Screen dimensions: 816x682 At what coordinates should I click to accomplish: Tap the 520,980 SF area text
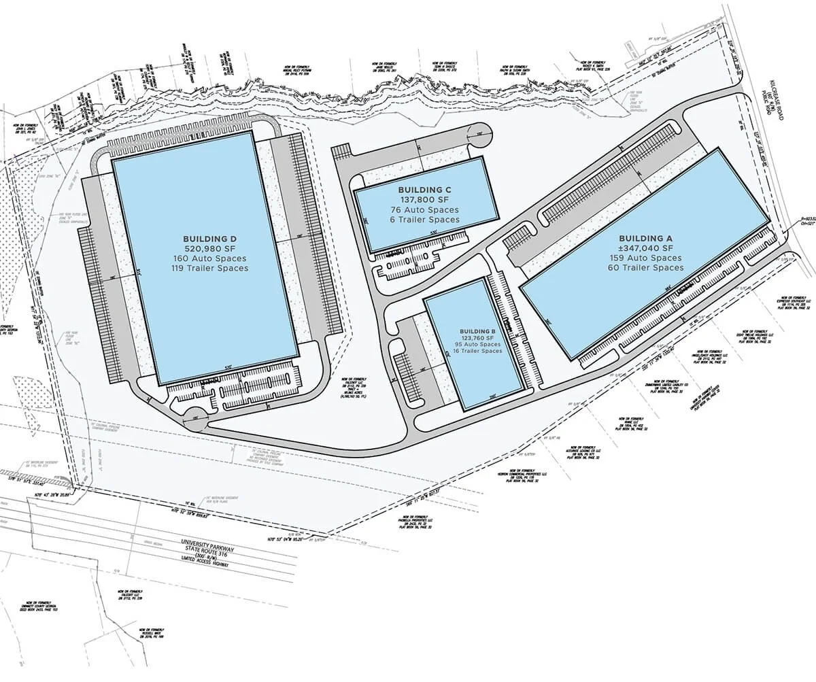209,249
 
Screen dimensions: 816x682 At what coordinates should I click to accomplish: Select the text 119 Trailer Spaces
209,269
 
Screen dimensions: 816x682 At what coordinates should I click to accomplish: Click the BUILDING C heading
425,190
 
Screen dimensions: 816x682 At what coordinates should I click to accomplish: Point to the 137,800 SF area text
425,200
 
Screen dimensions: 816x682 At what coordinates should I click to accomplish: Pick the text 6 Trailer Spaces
425,220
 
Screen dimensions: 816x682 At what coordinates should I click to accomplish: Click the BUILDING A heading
645,239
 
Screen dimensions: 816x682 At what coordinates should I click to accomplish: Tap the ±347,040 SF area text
645,249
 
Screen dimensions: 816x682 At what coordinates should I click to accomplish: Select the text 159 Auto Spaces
645,258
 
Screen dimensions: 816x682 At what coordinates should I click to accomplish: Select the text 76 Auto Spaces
425,210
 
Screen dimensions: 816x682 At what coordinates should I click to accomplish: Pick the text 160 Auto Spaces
209,259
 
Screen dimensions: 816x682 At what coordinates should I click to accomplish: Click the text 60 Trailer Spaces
645,268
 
